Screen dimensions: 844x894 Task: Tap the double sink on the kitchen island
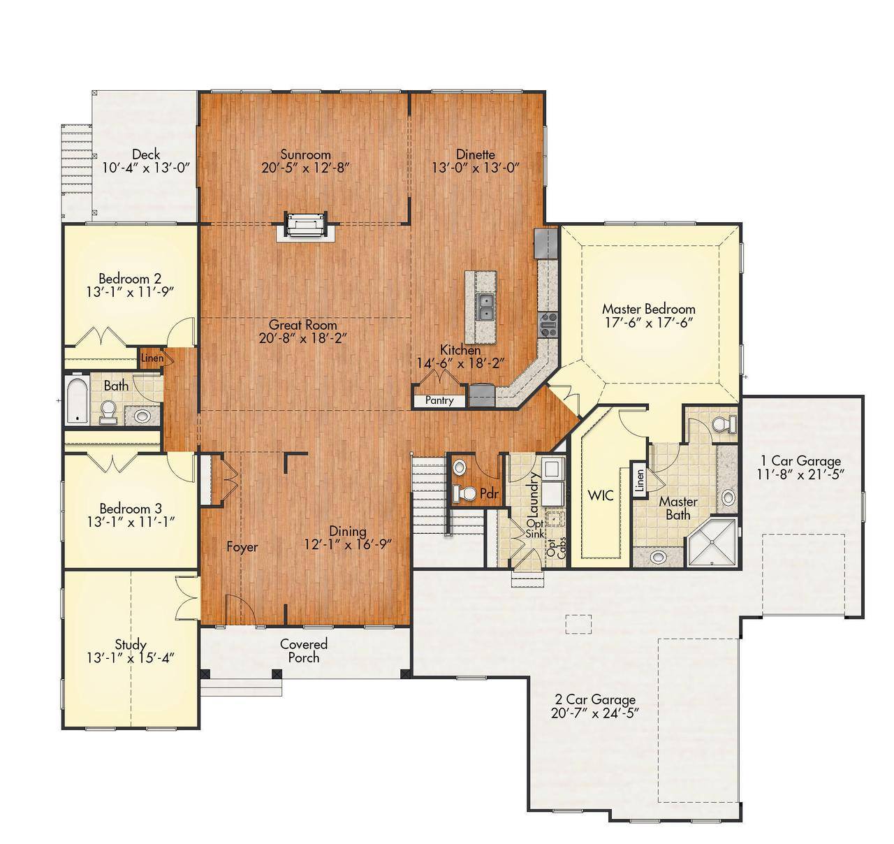coord(486,306)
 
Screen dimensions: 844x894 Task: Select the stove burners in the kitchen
coord(547,326)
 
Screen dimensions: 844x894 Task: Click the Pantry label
coord(439,400)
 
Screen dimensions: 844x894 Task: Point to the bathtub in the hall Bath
coord(75,400)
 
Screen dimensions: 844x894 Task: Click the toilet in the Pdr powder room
coord(464,493)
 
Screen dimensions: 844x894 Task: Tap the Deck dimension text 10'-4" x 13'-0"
coord(146,168)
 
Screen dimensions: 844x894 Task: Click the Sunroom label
coord(305,154)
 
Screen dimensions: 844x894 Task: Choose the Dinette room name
coord(476,154)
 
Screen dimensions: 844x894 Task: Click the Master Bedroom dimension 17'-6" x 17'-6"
coord(649,322)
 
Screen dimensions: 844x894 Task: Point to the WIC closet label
coord(600,495)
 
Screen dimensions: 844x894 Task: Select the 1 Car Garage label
coord(800,460)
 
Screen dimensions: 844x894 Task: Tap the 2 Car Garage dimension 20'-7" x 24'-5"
coord(595,713)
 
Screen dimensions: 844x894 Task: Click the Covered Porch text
coord(304,650)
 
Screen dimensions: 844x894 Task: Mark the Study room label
coord(131,644)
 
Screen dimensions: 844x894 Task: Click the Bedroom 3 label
coord(131,508)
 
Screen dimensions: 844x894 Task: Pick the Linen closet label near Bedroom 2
coord(152,358)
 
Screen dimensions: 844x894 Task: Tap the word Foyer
coord(242,547)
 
